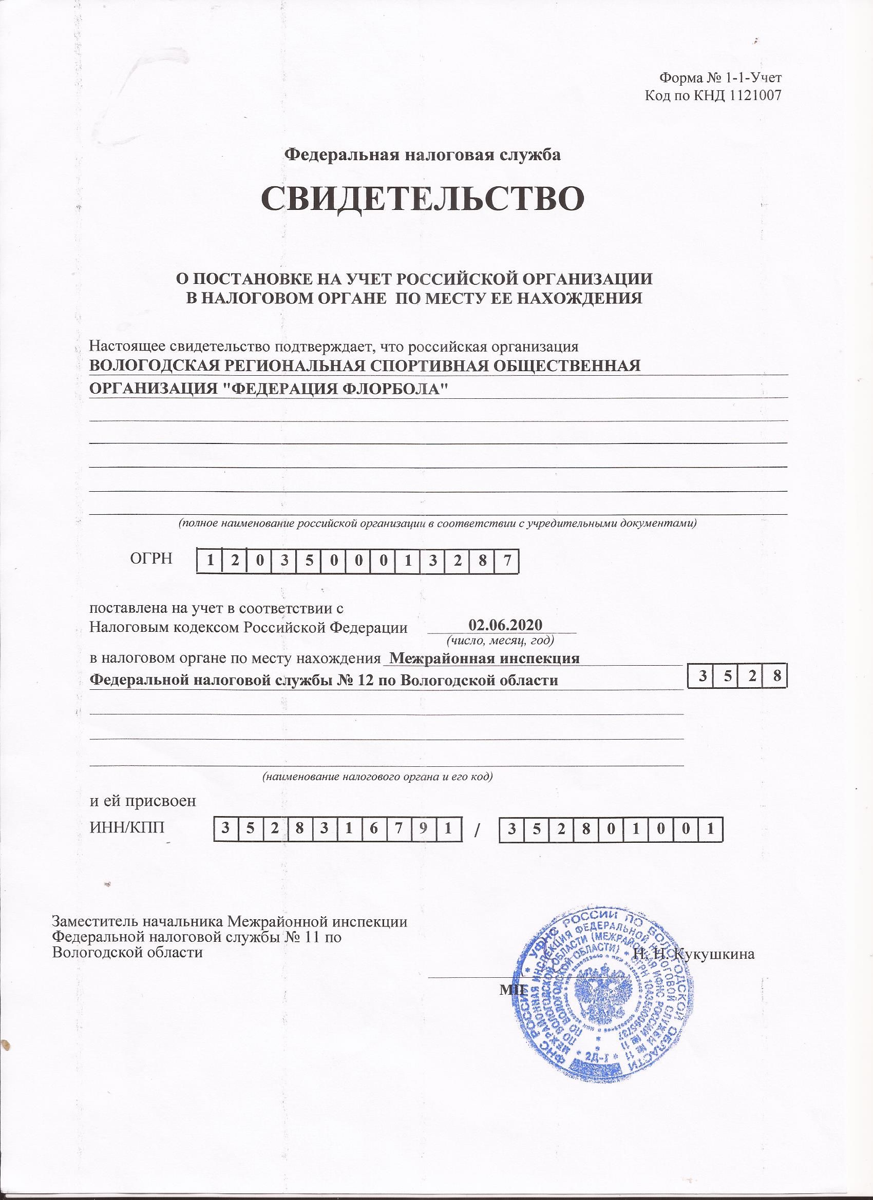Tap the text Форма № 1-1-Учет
720,78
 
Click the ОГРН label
151,558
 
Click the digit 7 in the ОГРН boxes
507,561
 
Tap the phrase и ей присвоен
143,815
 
